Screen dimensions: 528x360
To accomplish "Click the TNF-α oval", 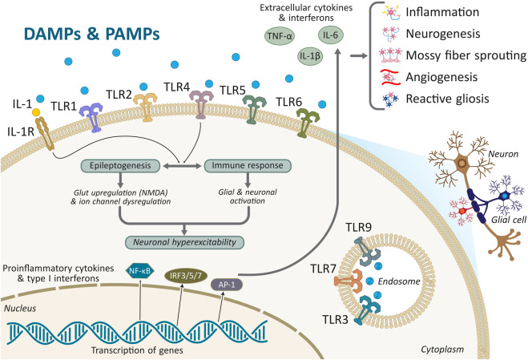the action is coord(280,36).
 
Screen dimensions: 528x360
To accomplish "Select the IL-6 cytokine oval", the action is coord(331,34).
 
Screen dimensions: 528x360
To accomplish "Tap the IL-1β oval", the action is coord(310,56).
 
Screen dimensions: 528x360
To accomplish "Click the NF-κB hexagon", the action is coord(139,271).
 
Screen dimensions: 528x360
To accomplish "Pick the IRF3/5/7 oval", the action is coord(186,276).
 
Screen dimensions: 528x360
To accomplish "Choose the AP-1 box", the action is coord(227,285).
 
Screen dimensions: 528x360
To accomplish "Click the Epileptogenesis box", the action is coord(120,166).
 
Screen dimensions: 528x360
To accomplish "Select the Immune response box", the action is coord(248,166).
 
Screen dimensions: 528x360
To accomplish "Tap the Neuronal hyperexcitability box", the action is coord(184,242).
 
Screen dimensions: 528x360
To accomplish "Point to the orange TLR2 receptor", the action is coord(145,107).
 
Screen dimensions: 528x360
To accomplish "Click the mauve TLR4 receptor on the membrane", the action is coord(201,104).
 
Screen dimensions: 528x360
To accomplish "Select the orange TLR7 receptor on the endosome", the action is coord(348,281).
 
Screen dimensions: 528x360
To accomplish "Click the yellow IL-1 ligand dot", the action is coord(36,112).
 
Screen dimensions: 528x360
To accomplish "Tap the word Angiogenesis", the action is coord(441,77).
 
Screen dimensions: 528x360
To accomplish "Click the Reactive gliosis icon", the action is coord(390,99).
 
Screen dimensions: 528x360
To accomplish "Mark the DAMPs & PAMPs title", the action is coord(91,34).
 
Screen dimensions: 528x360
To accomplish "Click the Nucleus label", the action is coord(20,309).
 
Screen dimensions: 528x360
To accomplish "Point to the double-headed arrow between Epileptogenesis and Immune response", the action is coord(182,166).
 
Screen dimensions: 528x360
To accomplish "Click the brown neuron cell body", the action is coord(463,164).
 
